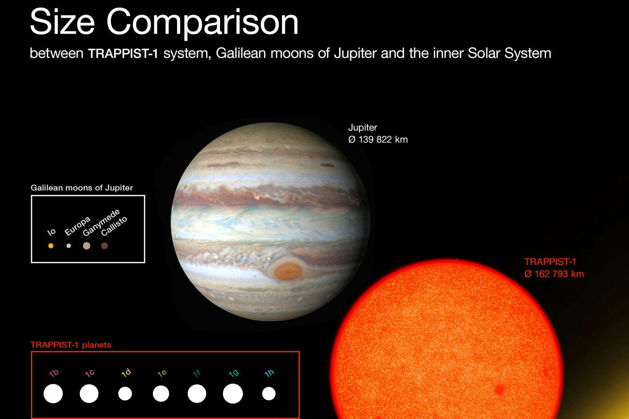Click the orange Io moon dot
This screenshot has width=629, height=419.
pos(51,246)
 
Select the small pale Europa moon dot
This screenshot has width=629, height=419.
pos(68,246)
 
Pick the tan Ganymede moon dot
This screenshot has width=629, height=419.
pos(86,246)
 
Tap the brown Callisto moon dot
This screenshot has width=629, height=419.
pos(104,246)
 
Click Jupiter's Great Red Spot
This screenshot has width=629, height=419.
pos(288,271)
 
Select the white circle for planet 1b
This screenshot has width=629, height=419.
pos(53,393)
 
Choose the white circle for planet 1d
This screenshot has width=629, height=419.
pos(125,393)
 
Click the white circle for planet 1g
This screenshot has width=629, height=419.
pos(233,393)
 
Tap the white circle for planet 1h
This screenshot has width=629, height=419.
pos(269,393)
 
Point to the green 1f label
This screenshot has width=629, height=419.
pos(197,373)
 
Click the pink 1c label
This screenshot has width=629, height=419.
pos(90,373)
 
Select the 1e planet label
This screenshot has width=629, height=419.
pos(162,373)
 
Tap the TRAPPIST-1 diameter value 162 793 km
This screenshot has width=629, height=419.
pos(559,274)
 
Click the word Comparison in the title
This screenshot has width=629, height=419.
pos(202,23)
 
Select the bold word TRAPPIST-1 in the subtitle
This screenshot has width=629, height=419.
pos(123,54)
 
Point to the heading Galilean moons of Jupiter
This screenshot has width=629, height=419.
pos(82,188)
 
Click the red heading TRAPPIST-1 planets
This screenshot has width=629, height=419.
pos(71,345)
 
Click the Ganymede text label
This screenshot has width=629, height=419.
pos(101,222)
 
